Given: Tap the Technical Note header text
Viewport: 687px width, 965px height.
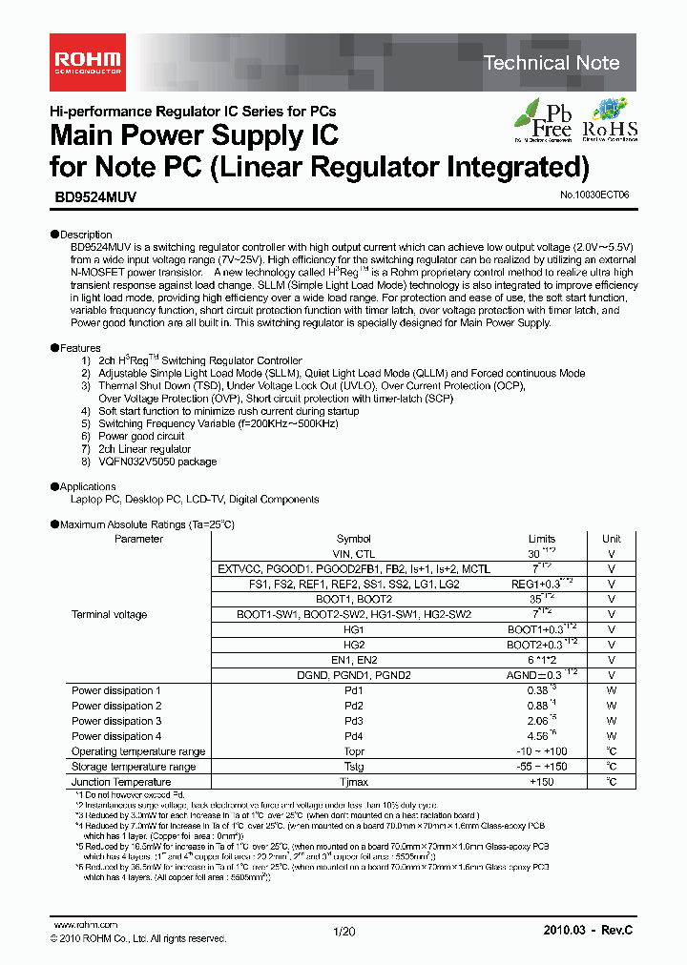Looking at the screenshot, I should pos(552,63).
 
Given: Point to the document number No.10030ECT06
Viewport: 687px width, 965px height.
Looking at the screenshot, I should pos(594,195).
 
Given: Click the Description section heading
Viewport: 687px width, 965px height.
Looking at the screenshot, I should pos(85,235).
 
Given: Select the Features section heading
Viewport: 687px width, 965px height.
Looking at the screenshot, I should pos(80,349).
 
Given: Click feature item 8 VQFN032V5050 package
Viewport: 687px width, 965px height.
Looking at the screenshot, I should pos(157,462).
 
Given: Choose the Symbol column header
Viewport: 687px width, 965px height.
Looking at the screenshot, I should pos(354,539).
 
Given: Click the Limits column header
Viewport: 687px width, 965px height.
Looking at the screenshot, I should pos(541,539).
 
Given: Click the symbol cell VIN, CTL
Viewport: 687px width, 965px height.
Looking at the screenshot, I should pos(354,554).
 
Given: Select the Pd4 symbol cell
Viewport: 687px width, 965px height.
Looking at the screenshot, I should pos(354,736).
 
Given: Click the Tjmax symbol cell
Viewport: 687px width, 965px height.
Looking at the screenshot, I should pos(354,782).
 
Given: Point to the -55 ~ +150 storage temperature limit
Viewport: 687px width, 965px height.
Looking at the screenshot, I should pos(541,767).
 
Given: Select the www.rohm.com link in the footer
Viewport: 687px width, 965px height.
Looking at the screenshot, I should pos(85,925).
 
